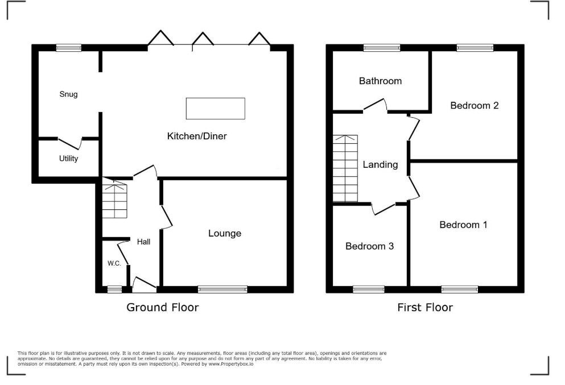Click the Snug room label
(x=68, y=94)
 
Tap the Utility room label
(x=69, y=159)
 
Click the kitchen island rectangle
(x=216, y=109)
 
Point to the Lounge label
(x=225, y=233)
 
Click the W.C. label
(x=114, y=263)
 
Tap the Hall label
(x=143, y=242)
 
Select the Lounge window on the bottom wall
(x=223, y=289)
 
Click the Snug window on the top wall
(x=69, y=48)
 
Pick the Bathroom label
(x=380, y=81)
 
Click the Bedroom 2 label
(x=475, y=105)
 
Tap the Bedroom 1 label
(x=463, y=225)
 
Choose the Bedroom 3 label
(x=369, y=246)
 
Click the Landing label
(x=380, y=164)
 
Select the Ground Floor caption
(x=163, y=308)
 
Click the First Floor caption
(x=425, y=308)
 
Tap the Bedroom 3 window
(x=369, y=289)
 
